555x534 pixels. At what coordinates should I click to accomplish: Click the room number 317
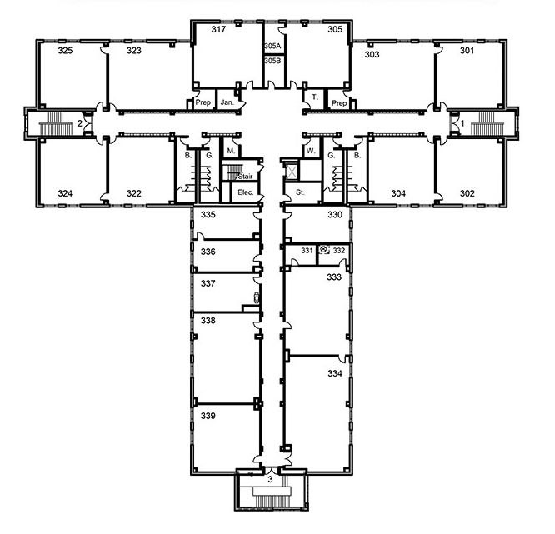218,29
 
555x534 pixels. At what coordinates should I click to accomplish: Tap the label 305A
272,46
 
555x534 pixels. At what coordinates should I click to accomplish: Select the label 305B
272,61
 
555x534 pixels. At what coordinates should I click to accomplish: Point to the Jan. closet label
227,102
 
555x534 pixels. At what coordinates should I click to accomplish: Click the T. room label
315,97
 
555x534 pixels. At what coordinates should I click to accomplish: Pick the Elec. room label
246,192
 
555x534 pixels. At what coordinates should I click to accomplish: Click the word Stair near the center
245,177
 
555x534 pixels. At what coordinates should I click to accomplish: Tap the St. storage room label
300,192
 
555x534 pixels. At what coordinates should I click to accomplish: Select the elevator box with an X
292,172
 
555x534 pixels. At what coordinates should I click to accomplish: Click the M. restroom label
231,151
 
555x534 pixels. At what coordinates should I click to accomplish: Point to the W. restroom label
311,151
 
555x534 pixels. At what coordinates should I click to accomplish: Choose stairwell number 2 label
80,123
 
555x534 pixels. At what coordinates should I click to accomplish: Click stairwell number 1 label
462,124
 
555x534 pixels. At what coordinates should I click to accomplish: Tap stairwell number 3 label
271,480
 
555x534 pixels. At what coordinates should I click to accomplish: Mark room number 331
307,251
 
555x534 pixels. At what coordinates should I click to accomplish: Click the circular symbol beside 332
323,250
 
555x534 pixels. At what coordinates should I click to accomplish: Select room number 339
207,416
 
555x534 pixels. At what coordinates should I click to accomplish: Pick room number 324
65,193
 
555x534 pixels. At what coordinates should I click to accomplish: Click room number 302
467,193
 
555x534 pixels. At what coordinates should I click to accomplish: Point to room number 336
207,252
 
